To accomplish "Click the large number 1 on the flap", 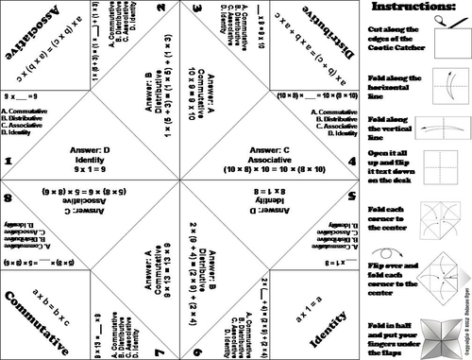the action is tap(8, 162).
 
